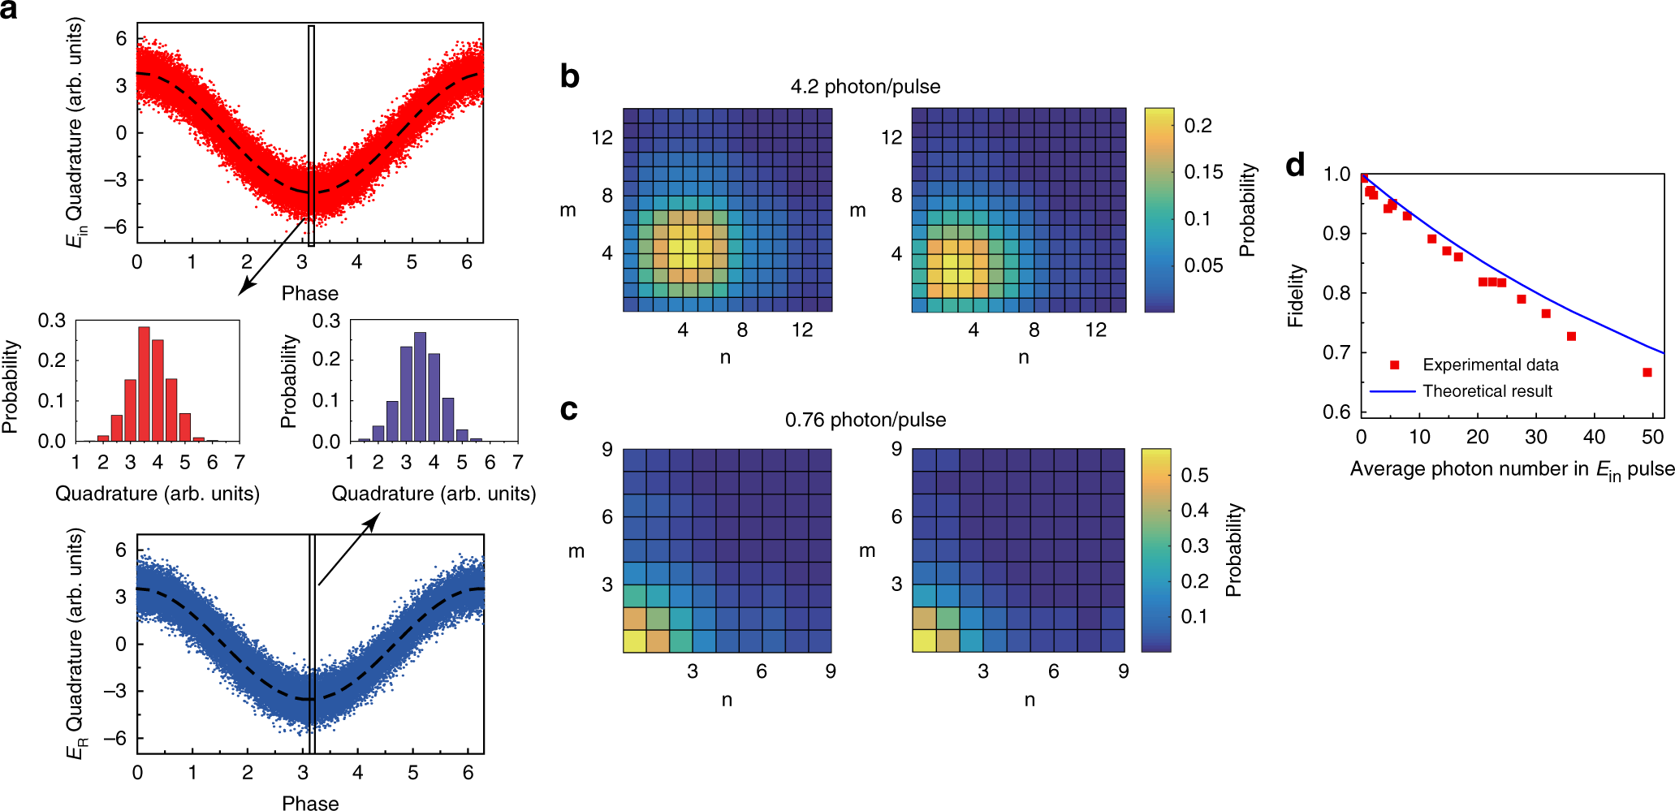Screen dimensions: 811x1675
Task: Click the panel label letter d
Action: (1295, 166)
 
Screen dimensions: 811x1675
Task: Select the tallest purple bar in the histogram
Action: (420, 386)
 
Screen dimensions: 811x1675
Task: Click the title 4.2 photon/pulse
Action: (866, 87)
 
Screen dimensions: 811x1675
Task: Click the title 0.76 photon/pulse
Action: (866, 420)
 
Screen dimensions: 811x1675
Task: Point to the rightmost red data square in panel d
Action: (1647, 373)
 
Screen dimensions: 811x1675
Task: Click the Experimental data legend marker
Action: (1395, 365)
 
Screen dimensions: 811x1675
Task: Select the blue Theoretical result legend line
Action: (1392, 391)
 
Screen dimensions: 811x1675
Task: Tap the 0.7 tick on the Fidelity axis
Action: (1336, 352)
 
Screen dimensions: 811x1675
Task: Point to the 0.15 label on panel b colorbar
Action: (1203, 172)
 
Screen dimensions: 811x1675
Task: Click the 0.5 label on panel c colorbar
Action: (1194, 475)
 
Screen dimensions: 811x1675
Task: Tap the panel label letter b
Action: (570, 77)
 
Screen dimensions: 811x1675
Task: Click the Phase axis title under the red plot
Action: (309, 293)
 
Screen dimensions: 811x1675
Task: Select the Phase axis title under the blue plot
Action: (310, 803)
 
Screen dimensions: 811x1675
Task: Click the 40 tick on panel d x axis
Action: (1594, 437)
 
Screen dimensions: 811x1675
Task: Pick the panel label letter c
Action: (569, 410)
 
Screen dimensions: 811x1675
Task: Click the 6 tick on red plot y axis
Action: (121, 38)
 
